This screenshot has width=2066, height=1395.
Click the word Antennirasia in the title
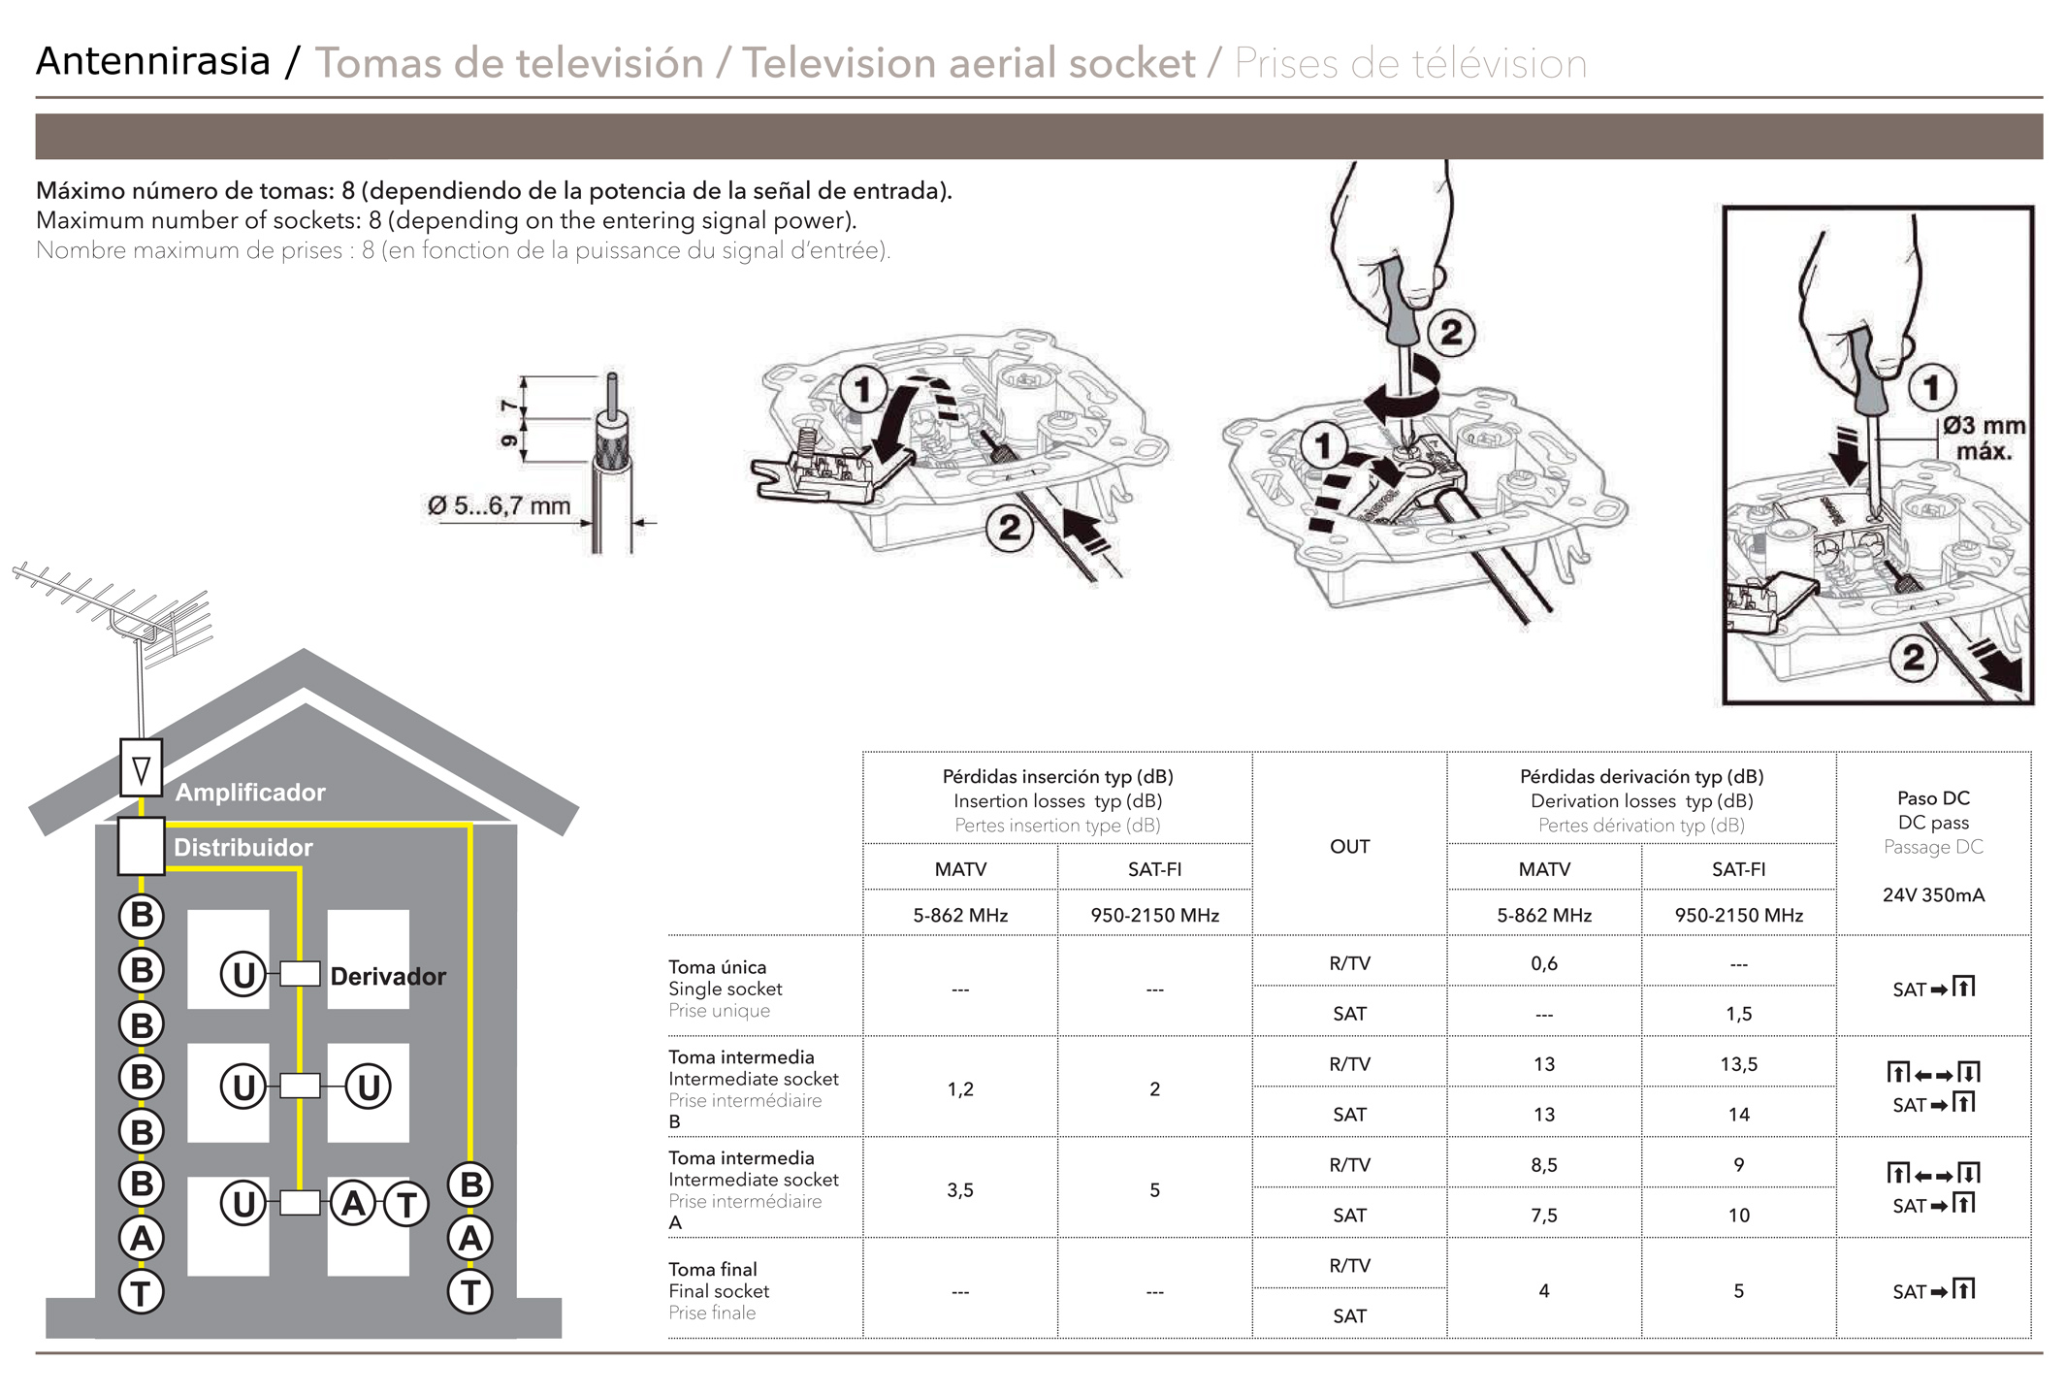(153, 61)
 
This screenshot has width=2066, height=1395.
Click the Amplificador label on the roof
(250, 793)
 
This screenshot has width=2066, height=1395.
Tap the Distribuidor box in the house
(141, 845)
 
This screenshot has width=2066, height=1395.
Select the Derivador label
(388, 976)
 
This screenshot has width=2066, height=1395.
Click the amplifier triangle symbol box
(142, 768)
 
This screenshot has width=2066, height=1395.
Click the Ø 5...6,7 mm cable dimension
(499, 505)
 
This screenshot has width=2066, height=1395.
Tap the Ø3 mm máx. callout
(1984, 438)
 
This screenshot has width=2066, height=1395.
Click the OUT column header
(1349, 846)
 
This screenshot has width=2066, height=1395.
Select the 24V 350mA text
(1933, 895)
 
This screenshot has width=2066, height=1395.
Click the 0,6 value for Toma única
(1543, 963)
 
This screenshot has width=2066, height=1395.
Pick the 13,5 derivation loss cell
(1738, 1064)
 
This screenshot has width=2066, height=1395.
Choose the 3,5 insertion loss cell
(960, 1190)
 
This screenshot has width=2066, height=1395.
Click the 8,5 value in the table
(1543, 1165)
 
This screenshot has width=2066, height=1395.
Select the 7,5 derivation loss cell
(1543, 1216)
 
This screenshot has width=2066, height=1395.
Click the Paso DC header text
(1933, 798)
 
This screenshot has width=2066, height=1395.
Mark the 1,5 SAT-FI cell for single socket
(1738, 1014)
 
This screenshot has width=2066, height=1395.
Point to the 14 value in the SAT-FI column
(1738, 1115)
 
